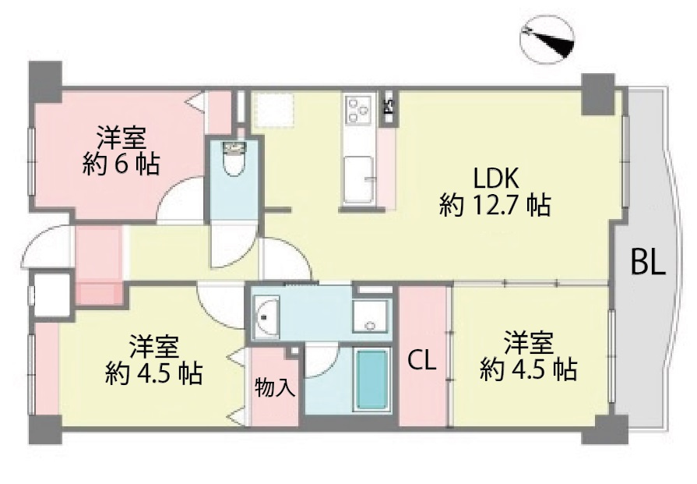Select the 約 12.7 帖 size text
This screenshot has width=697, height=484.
495,206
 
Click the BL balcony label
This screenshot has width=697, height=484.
648,263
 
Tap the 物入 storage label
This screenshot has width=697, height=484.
275,387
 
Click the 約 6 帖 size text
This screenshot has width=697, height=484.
121,164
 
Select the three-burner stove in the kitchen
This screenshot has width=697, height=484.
359,108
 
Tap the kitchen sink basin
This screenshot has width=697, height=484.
359,177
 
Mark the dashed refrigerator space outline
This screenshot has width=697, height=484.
273,108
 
